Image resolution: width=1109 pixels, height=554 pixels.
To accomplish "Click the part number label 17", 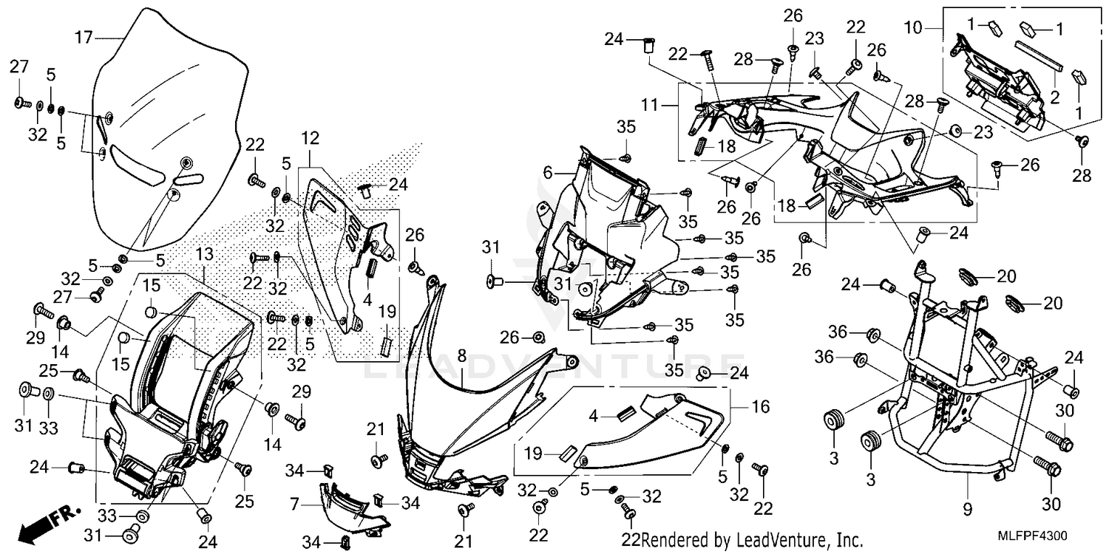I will point(84,35).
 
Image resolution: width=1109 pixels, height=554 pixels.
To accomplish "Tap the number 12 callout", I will point(310,137).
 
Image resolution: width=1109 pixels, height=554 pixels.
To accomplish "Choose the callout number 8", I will point(461,356).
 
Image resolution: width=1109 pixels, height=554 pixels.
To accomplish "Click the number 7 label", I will point(294,505).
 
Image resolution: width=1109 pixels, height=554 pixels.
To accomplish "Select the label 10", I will point(914,27).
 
